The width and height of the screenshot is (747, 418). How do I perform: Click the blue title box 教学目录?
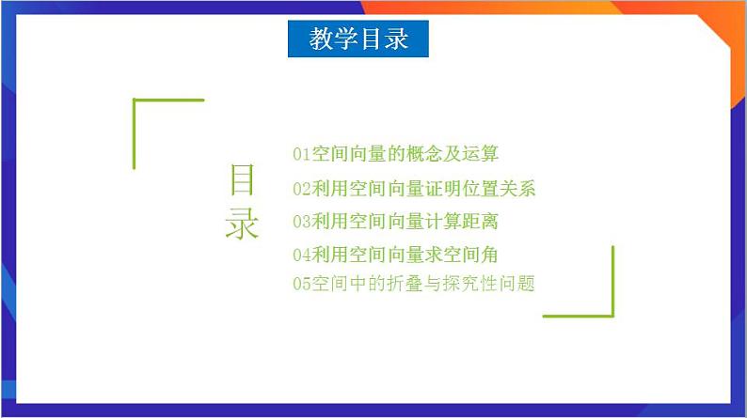coord(358,39)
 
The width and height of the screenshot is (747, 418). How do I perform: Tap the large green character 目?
coord(242,180)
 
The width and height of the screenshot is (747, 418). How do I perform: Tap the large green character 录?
coord(242,224)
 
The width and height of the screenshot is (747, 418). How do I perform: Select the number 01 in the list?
coord(301,153)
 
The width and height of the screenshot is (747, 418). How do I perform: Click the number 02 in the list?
coord(301,189)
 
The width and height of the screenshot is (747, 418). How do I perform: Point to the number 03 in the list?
coord(301,222)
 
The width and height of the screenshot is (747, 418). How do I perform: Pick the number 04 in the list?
coord(301,254)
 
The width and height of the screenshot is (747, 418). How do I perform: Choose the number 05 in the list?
coord(301,283)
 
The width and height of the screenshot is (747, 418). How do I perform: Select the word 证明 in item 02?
coord(442,189)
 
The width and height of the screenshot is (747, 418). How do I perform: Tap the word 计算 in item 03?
coord(442,222)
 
